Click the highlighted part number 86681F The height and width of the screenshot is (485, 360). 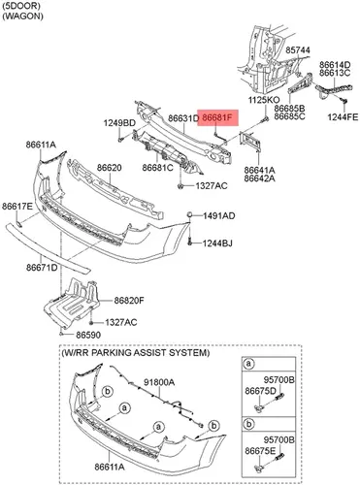217,117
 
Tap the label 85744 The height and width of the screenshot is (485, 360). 298,50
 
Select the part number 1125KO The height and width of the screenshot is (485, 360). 264,100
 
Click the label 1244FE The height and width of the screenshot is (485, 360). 343,117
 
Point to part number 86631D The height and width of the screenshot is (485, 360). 183,118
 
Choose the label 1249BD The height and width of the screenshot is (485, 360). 119,123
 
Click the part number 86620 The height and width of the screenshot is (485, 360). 110,168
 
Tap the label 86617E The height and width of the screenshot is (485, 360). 17,206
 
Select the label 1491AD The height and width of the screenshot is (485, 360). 219,215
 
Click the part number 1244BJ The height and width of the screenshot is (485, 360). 217,243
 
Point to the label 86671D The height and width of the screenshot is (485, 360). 42,268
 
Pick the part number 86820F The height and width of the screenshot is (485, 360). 129,301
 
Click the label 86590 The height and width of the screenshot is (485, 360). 88,335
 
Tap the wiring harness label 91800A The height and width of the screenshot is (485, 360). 159,382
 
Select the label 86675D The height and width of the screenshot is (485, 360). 260,391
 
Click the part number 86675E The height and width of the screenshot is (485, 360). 260,451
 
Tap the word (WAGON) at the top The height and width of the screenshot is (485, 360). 22,16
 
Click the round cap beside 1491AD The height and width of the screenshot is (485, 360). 190,214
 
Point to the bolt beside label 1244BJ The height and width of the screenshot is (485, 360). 190,241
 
